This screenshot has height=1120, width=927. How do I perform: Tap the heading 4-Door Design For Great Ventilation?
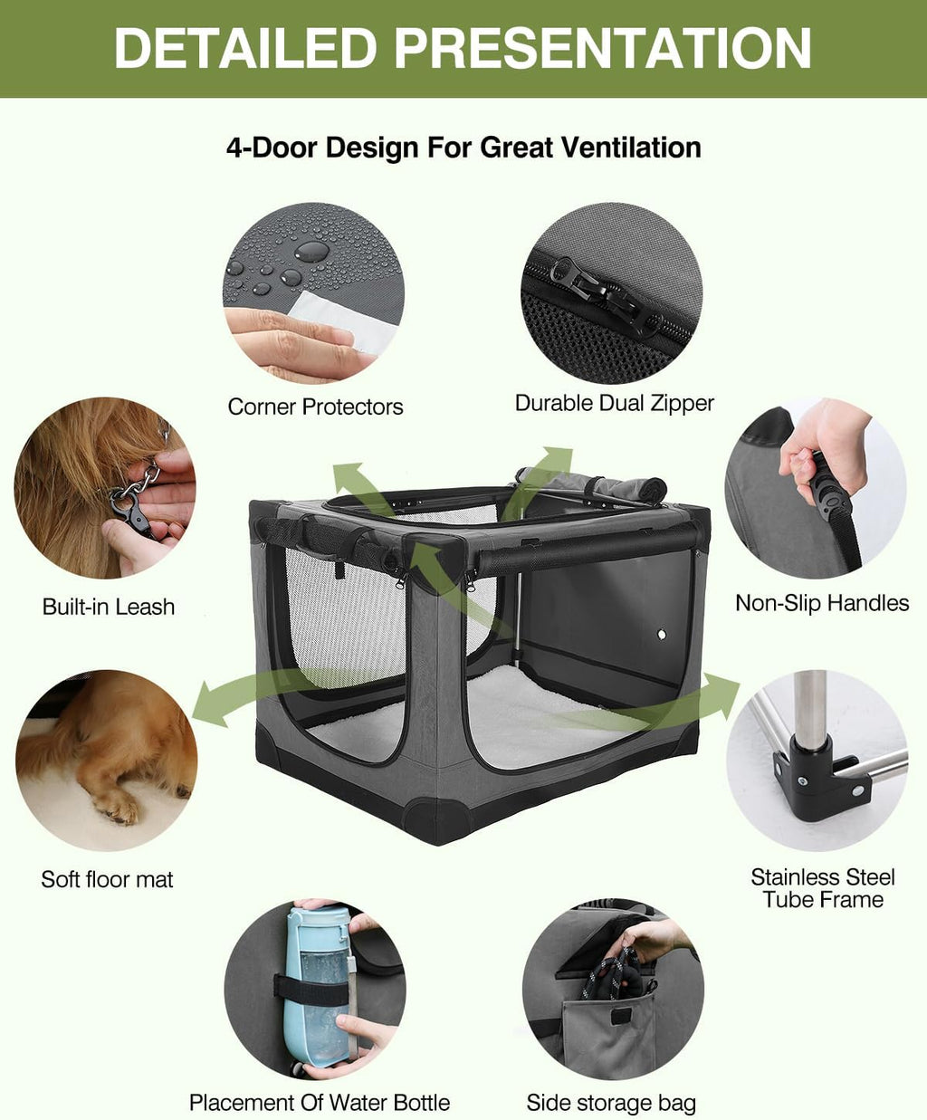pos(463,147)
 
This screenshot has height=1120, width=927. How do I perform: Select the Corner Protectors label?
pos(315,407)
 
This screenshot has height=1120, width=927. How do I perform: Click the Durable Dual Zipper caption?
pos(614,403)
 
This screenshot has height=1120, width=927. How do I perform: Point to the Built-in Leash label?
pos(109,607)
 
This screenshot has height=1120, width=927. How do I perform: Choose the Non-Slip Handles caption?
pos(821,603)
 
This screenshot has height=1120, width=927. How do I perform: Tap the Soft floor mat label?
pos(107,879)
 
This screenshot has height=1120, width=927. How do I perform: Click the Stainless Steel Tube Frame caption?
pos(822,888)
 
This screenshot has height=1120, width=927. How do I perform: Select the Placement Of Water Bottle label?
pos(319,1102)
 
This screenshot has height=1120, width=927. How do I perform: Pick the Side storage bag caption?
pos(611,1103)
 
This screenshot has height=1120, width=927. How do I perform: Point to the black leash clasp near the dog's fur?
pos(132,512)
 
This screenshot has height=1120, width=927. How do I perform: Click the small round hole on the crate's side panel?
pos(661,635)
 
